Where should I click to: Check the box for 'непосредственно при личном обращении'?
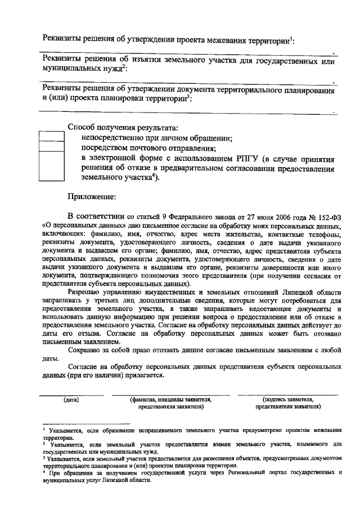pos(51,137)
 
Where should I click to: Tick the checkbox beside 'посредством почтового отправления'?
pos(51,148)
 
